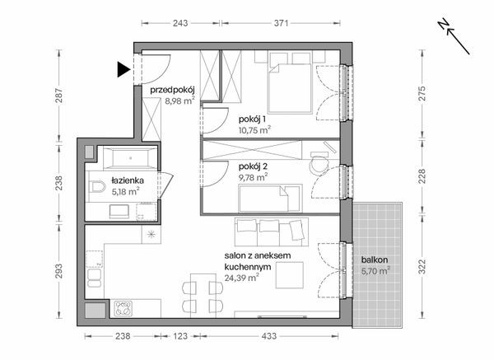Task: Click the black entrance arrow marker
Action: tap(123, 70)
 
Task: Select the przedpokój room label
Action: tap(170, 91)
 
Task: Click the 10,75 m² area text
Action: tap(254, 129)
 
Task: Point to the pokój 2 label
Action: tap(254, 166)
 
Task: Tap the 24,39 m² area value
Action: tap(242, 278)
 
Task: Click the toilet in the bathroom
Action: tap(98, 189)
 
